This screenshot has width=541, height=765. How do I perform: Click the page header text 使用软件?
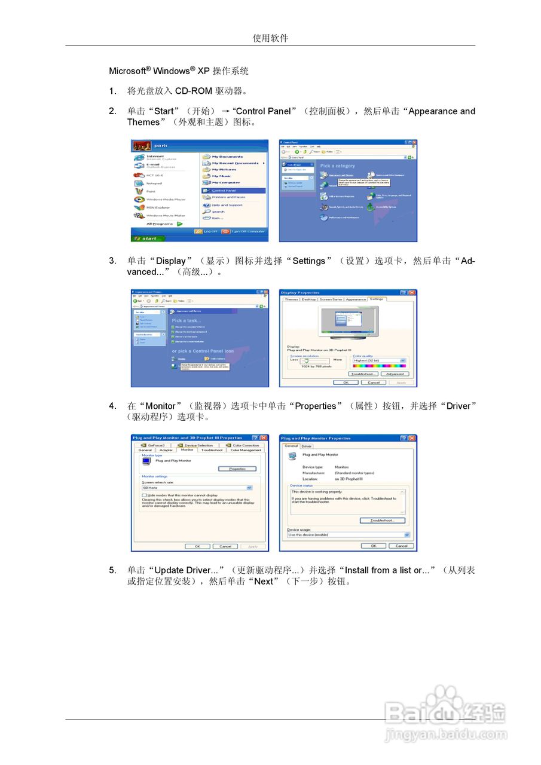point(270,38)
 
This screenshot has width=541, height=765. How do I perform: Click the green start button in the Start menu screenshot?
point(145,238)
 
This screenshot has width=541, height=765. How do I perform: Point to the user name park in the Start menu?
point(161,145)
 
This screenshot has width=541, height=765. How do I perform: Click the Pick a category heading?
point(337,166)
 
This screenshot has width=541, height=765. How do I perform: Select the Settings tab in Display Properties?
point(377,299)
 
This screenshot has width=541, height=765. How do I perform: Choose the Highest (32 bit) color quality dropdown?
point(379,360)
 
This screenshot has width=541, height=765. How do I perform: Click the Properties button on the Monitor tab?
point(237,469)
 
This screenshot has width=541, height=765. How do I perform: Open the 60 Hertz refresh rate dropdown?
point(197,488)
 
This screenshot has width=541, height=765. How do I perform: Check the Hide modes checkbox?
point(144,495)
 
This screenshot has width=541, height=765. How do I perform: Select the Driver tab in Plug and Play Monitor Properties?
point(306,446)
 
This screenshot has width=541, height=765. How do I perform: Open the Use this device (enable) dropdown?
point(347,535)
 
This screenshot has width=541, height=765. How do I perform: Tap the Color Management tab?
point(246,450)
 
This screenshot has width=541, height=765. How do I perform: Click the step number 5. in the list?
point(112,570)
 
